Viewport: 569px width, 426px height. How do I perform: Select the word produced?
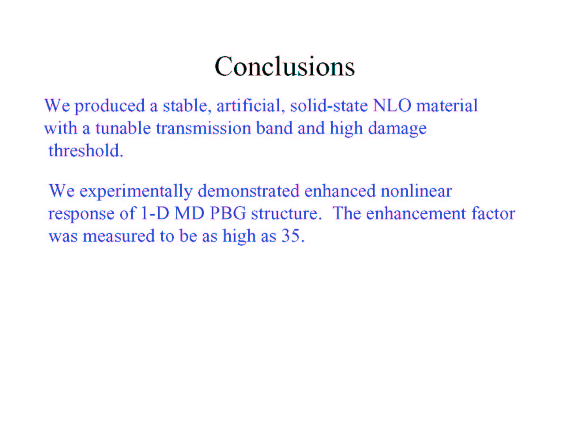(110, 107)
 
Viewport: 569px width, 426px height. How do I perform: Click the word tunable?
(123, 128)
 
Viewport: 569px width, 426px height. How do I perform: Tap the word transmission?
(203, 128)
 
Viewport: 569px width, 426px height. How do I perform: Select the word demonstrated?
(249, 191)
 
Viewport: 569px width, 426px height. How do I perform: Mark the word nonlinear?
(416, 191)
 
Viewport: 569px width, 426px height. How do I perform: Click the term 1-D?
(155, 213)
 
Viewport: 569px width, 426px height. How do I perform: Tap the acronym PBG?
(228, 213)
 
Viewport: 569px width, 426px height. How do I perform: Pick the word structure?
(286, 214)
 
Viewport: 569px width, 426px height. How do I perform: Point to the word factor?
(493, 213)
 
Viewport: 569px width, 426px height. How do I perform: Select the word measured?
(119, 236)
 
